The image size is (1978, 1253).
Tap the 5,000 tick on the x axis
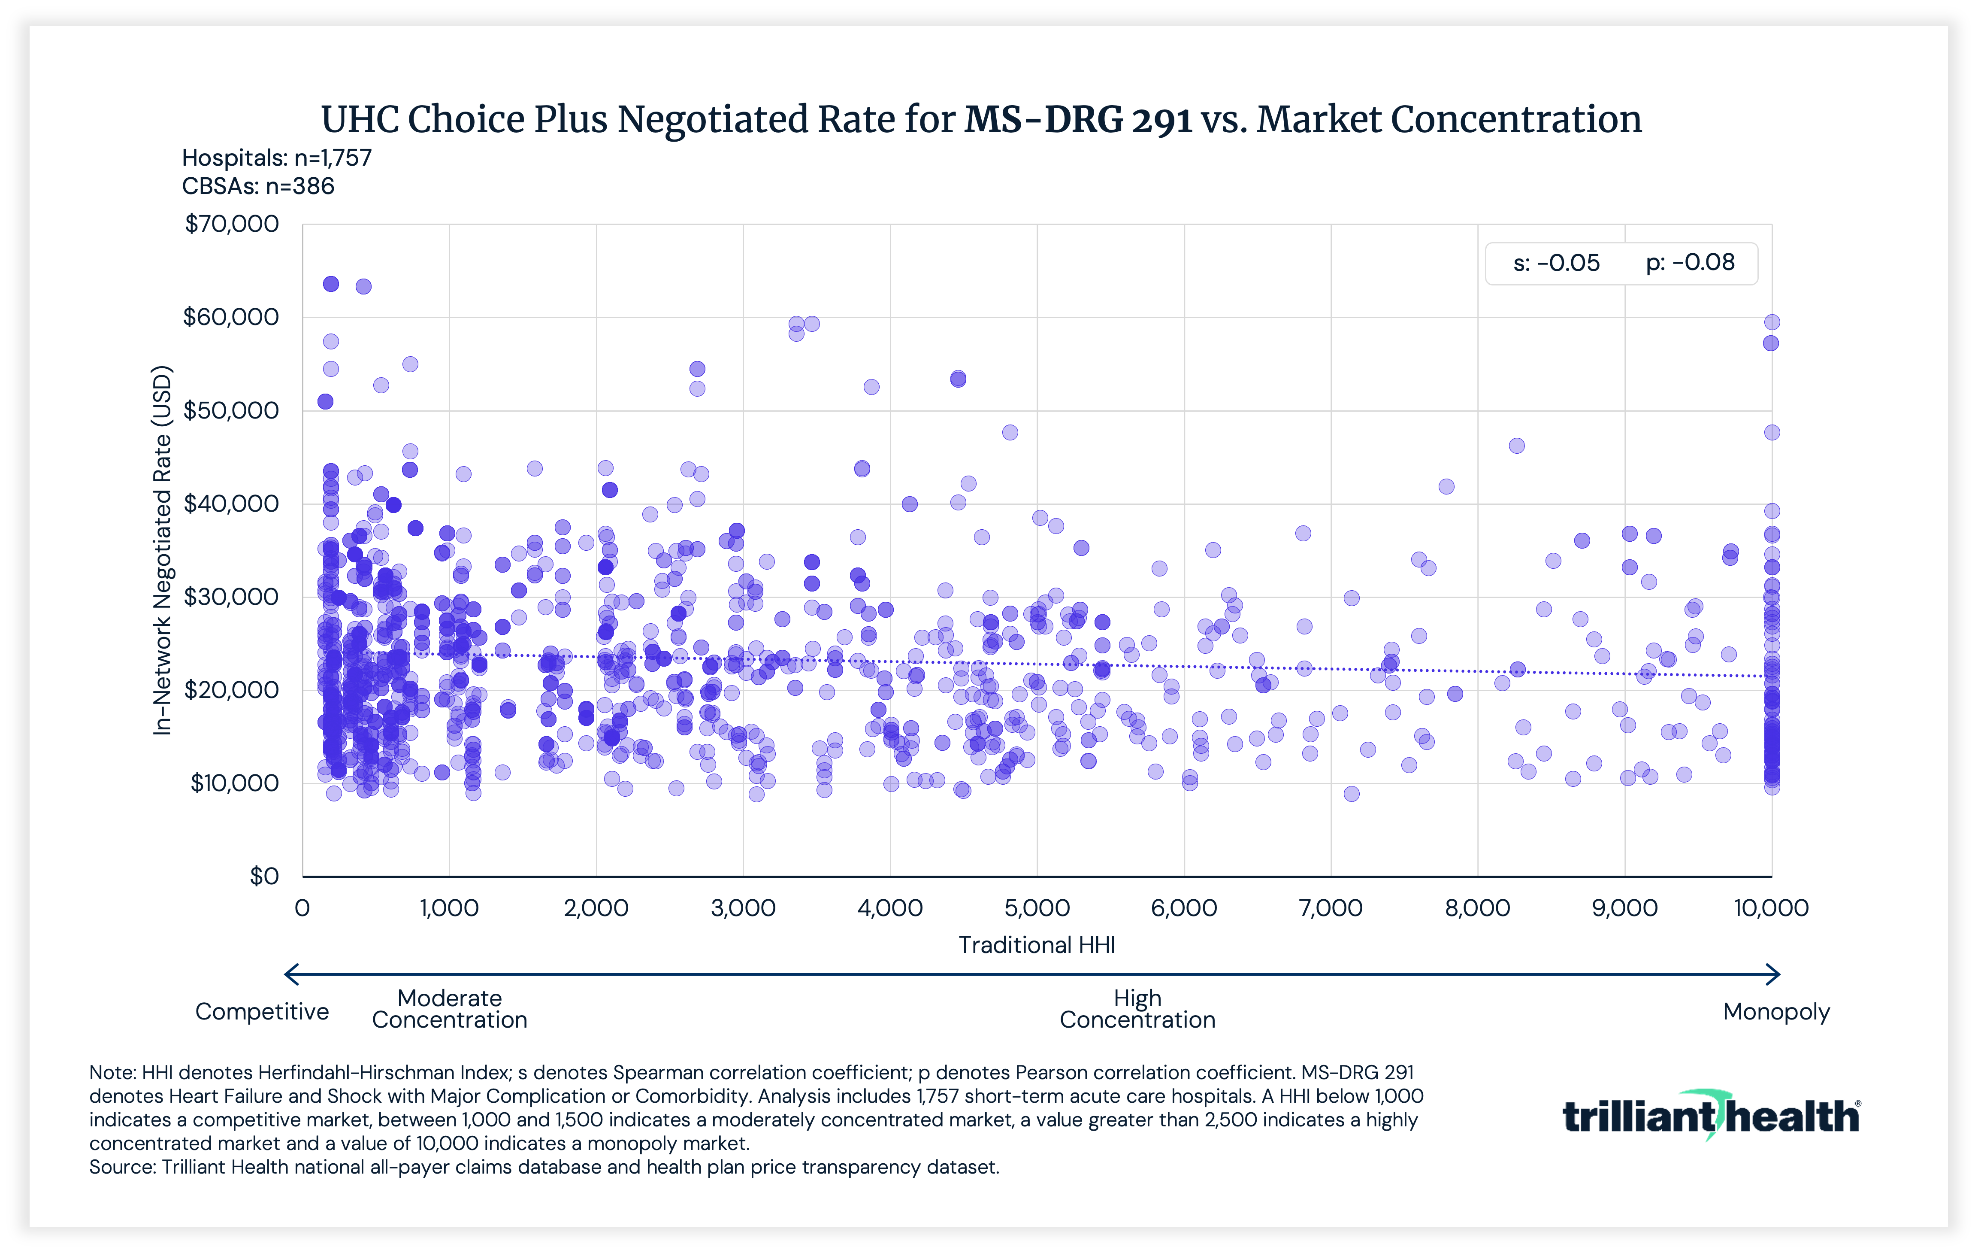tap(1037, 908)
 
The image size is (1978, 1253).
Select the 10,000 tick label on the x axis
tap(1770, 908)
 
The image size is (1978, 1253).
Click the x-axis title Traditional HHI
tap(1037, 945)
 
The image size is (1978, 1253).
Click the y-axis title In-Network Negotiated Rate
tap(163, 550)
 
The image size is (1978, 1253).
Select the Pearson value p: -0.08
tap(1690, 263)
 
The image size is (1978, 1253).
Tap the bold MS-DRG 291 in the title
tap(1078, 120)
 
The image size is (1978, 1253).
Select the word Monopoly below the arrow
tap(1776, 1011)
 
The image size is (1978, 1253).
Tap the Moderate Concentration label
tap(449, 1009)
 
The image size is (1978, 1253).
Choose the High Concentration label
tap(1137, 1009)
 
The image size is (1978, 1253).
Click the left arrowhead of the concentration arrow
tap(289, 974)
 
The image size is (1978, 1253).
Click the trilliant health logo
tap(1710, 1116)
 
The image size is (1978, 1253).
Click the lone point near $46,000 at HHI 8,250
tap(1516, 445)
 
